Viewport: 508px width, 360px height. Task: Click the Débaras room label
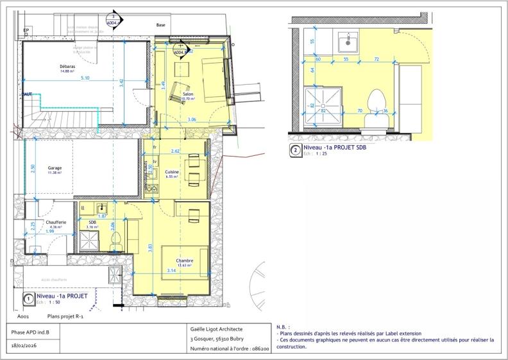click(67, 66)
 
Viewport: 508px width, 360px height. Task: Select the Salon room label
click(188, 94)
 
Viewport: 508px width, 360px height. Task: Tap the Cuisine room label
click(172, 172)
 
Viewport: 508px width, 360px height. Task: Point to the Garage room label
click(55, 168)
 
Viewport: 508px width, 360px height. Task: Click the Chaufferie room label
click(56, 222)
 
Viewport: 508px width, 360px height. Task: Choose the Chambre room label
click(185, 261)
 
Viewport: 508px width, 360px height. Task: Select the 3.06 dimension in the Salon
click(192, 120)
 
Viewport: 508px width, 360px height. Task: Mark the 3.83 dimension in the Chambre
click(151, 247)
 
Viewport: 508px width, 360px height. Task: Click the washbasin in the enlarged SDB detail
click(348, 42)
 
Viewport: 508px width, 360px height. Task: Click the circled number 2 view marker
click(296, 151)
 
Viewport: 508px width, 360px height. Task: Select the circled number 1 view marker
click(28, 298)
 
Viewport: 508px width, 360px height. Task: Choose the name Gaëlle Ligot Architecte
click(221, 329)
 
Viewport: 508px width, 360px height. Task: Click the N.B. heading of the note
click(284, 327)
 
